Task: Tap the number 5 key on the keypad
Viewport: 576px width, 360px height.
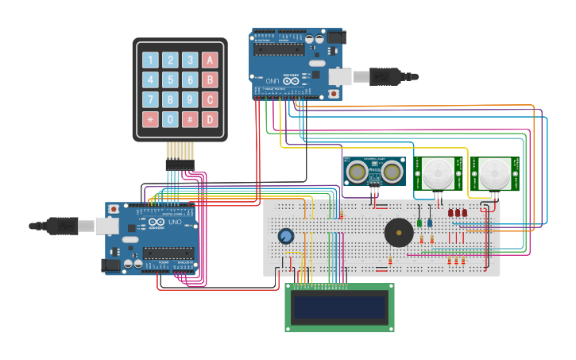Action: point(170,79)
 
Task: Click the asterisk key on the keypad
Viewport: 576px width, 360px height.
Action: point(150,120)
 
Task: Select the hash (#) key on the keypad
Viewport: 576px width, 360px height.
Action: point(190,120)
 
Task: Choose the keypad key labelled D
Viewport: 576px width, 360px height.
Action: point(210,120)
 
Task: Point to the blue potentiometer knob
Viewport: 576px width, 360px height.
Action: point(285,236)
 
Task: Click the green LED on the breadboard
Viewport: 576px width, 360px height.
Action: point(419,222)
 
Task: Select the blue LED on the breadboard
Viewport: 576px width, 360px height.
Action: point(430,222)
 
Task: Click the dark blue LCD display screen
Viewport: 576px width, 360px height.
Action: point(340,308)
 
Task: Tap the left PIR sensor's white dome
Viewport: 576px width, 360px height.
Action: point(435,172)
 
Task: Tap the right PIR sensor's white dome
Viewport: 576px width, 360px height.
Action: point(494,172)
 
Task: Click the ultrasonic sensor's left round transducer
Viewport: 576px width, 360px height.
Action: point(358,170)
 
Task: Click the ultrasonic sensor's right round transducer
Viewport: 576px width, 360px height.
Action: point(392,170)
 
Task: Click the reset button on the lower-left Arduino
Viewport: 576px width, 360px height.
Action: point(114,208)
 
